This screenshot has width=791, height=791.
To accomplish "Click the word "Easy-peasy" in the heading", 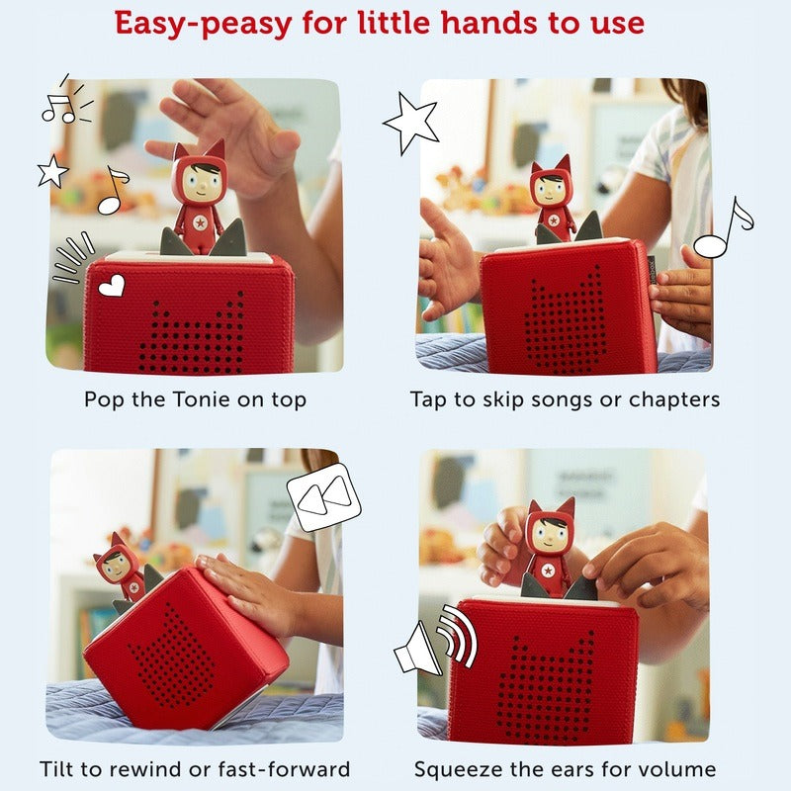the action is coord(204,24).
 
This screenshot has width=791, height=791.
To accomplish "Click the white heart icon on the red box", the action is coord(112,286).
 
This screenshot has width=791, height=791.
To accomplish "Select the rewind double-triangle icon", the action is coord(324,497).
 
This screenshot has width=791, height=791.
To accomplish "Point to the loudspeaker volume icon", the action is coord(435,639).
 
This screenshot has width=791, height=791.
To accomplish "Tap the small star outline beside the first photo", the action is coord(52,171).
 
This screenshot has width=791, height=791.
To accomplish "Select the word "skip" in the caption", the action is coord(504,400).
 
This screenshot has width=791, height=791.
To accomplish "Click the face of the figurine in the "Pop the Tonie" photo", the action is coord(201,181).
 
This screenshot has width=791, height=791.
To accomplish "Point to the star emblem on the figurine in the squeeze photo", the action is coord(549,571).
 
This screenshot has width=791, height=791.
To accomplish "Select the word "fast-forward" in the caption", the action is coord(284,769).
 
